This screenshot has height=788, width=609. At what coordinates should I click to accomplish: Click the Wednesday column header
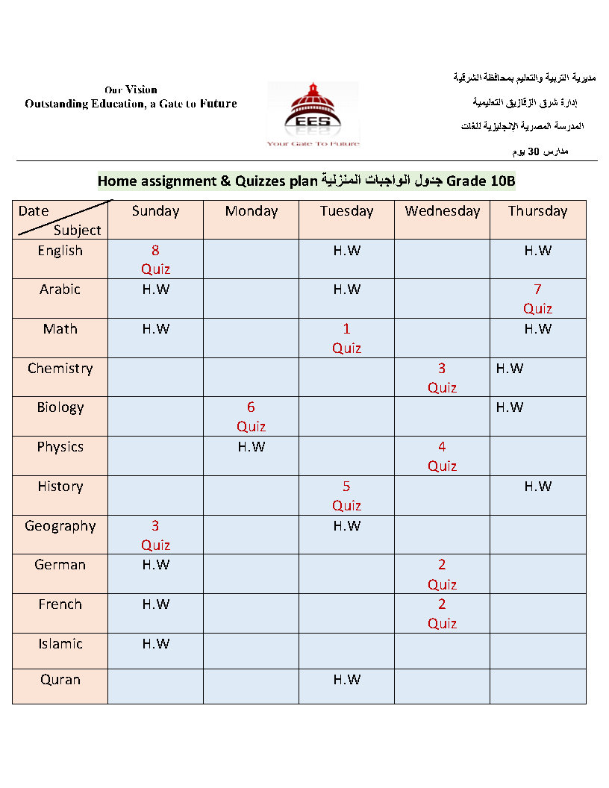click(442, 211)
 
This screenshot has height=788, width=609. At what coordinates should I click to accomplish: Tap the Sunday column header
click(155, 211)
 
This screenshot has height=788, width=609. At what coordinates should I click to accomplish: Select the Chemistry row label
click(60, 369)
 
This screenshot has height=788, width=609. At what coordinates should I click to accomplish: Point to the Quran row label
click(60, 680)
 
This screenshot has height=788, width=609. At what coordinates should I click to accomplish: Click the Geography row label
click(60, 526)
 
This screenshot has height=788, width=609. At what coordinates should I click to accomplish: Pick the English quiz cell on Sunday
click(155, 259)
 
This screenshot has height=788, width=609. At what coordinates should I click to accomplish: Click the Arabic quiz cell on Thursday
click(537, 298)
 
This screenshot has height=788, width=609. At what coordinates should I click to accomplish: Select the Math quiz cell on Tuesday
click(346, 338)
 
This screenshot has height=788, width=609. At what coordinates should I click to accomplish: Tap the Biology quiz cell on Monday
click(251, 416)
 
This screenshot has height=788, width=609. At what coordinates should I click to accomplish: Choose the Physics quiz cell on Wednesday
click(442, 456)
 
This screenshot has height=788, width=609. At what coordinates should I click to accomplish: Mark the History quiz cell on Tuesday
click(346, 495)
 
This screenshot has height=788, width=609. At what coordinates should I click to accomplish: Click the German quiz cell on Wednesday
click(442, 575)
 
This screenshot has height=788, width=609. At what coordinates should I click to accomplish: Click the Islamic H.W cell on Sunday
click(155, 644)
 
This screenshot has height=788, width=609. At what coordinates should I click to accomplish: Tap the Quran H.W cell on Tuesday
click(346, 680)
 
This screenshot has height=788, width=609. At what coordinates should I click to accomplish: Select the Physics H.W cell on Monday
click(251, 447)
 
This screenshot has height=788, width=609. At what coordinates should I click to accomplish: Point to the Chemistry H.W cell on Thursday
click(510, 369)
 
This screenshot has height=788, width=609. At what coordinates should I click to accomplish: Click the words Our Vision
click(131, 90)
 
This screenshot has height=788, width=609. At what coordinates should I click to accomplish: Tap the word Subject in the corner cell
click(77, 231)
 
